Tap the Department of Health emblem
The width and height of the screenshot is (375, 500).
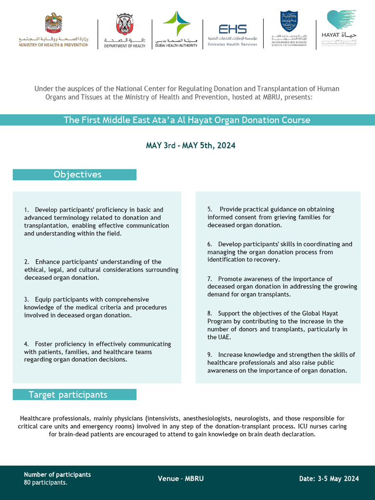tap(125, 31)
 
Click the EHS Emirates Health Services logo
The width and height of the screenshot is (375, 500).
tap(232, 33)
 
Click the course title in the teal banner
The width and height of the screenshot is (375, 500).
tap(187, 120)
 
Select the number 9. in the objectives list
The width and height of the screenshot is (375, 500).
tap(210, 354)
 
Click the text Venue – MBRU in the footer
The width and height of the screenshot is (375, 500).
tap(181, 479)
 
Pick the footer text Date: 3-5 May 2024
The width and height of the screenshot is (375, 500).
tap(329, 479)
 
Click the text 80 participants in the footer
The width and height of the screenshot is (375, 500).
tap(45, 482)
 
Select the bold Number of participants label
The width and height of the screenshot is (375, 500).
tap(57, 475)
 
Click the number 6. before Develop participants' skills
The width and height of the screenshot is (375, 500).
tap(210, 244)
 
